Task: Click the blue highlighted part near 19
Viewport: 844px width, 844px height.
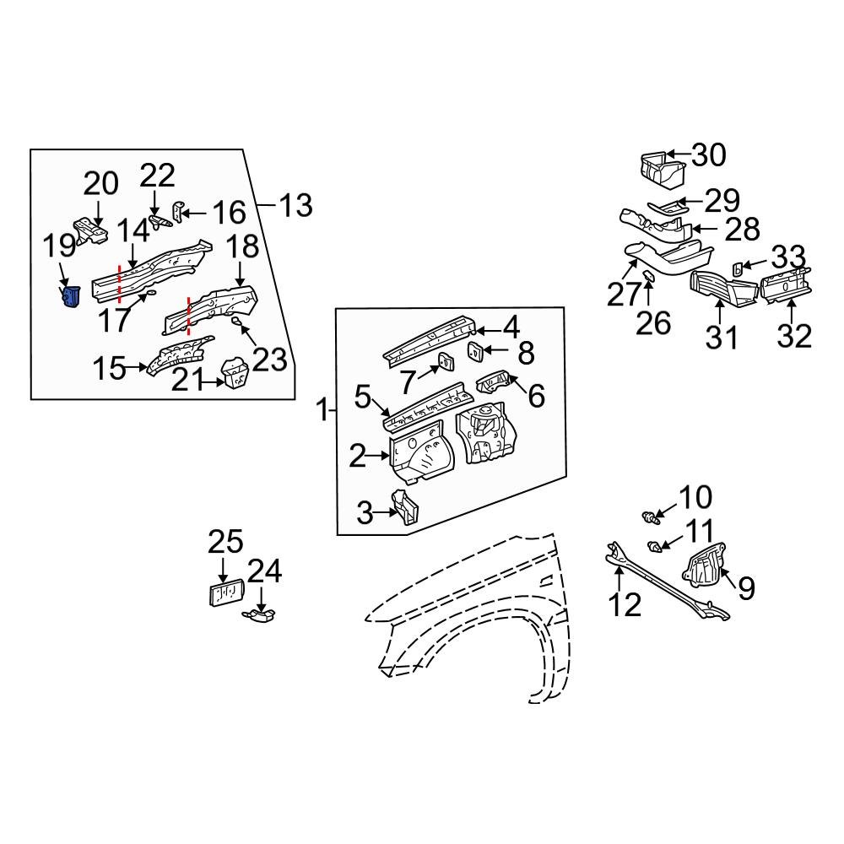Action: point(71,296)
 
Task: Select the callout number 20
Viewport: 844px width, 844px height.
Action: point(100,184)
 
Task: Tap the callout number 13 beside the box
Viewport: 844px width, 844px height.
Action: point(295,204)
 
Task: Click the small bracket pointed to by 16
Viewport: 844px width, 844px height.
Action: point(178,210)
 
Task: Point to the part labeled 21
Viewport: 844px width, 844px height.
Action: point(235,374)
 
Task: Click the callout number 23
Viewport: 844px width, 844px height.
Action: point(270,360)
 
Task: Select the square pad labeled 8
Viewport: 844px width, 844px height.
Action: point(475,351)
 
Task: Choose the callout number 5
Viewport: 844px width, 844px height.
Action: point(363,396)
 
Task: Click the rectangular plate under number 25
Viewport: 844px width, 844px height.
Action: point(225,592)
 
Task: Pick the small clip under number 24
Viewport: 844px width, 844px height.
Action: point(262,618)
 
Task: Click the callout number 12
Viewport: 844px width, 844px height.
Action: point(627,604)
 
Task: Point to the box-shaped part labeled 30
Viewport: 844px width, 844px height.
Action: point(663,168)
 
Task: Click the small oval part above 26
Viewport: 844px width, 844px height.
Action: point(650,277)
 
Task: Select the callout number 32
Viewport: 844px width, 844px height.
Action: point(793,335)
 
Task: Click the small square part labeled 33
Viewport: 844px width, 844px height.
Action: point(735,268)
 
